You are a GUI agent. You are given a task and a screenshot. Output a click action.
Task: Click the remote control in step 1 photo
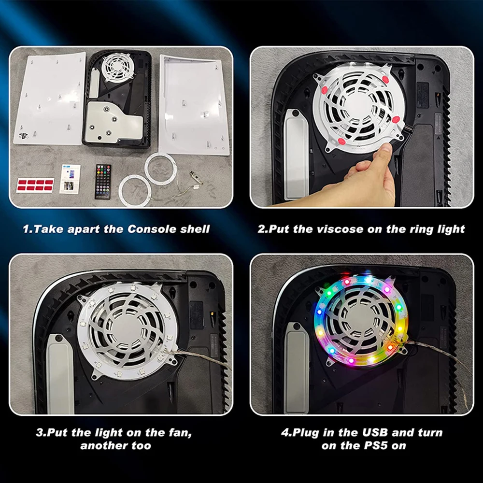point(102,182)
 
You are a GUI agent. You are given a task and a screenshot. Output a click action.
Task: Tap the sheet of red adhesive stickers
point(35,185)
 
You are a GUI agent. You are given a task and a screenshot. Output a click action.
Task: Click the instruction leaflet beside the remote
point(70,179)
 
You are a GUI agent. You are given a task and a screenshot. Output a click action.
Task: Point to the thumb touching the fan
point(385,151)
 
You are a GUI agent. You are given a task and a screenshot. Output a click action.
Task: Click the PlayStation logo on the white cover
point(23,136)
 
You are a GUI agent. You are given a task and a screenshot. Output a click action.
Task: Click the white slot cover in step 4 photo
point(297,368)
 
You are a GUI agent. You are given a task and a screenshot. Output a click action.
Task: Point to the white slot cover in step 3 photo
point(59,374)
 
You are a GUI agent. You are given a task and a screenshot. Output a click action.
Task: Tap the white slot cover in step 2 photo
point(296,154)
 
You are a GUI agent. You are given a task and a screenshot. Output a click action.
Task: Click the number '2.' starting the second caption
point(263,229)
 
